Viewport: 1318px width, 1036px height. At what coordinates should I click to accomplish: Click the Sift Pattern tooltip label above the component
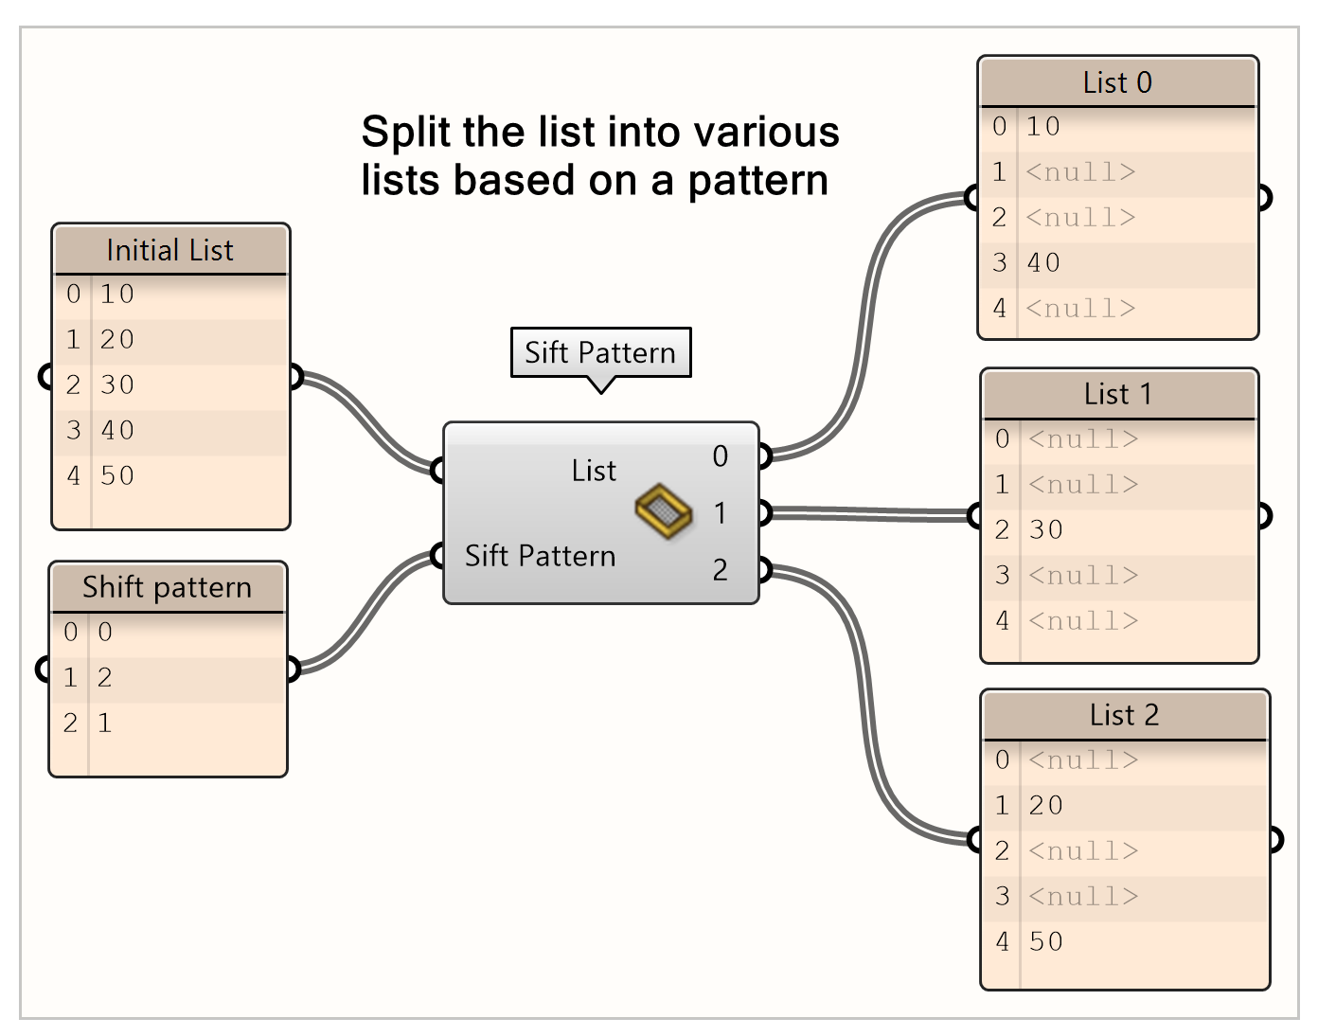click(x=600, y=352)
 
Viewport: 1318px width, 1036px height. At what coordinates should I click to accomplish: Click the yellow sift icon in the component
click(x=664, y=511)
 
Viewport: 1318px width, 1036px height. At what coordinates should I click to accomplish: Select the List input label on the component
click(x=594, y=471)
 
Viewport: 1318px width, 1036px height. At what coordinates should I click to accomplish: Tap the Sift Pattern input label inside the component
click(x=540, y=556)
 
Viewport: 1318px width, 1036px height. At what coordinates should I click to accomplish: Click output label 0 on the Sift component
click(x=721, y=456)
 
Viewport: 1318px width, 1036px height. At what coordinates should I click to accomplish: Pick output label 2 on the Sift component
click(x=721, y=570)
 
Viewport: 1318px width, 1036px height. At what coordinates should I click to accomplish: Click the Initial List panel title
click(x=170, y=250)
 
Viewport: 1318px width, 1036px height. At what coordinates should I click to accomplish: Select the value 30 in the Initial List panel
click(x=117, y=384)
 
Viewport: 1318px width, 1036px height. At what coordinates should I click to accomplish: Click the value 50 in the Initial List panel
click(x=117, y=475)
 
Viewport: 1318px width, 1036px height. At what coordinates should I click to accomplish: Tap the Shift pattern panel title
click(x=168, y=587)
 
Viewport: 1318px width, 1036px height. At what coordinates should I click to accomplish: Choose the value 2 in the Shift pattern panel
click(x=105, y=677)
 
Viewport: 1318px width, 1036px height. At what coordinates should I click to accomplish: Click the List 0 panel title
click(x=1117, y=82)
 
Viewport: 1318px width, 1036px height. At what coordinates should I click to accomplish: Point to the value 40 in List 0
click(x=1043, y=262)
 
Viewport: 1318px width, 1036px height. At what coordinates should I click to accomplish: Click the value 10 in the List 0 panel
click(x=1043, y=126)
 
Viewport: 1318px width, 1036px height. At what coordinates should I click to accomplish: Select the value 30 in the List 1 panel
click(x=1046, y=529)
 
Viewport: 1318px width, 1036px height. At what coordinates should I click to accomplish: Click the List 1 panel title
click(x=1118, y=394)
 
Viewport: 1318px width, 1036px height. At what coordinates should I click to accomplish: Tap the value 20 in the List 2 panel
click(x=1046, y=805)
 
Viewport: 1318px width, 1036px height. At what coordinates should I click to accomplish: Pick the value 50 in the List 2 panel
click(x=1046, y=941)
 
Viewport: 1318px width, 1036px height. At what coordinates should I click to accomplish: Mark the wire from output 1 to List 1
click(x=871, y=514)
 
